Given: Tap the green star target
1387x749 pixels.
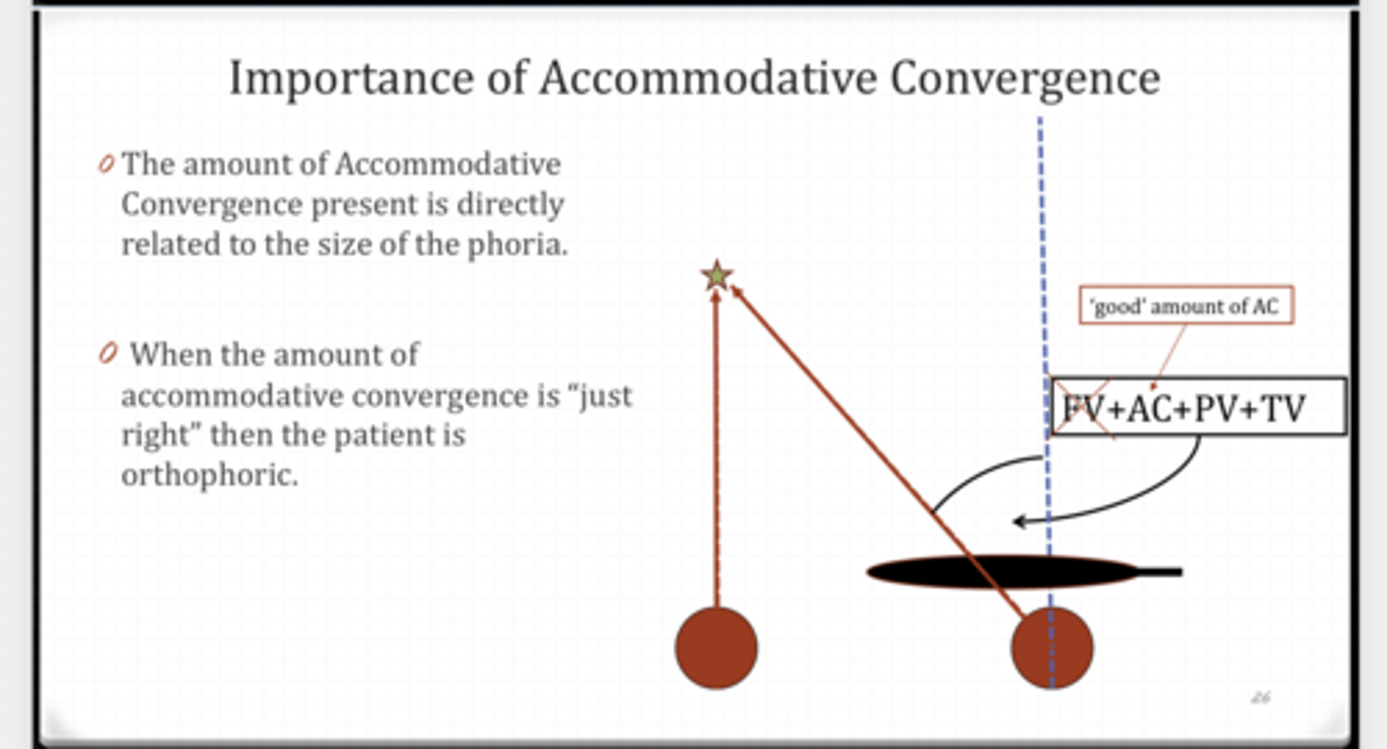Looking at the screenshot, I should point(717,277).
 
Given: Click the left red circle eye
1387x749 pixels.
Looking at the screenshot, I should point(716,648).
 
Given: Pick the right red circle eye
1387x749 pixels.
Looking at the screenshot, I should point(1052,648).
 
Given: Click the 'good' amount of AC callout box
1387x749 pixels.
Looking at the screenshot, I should point(1186,308).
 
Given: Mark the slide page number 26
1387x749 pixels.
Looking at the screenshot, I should point(1260,697).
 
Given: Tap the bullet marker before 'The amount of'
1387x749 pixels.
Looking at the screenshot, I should point(106,165).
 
